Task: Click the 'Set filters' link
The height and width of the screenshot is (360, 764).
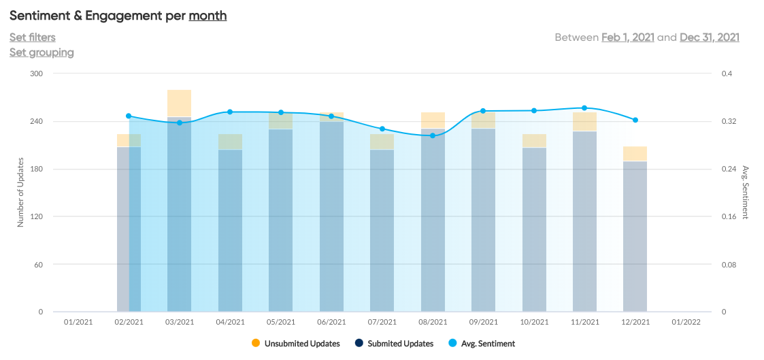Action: click(x=33, y=37)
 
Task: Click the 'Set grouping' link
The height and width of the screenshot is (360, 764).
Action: click(x=41, y=52)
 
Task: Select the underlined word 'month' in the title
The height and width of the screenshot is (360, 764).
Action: click(x=207, y=15)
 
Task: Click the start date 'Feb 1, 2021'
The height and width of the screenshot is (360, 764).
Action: click(x=628, y=37)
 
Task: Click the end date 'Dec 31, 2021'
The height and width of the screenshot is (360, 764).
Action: click(x=710, y=37)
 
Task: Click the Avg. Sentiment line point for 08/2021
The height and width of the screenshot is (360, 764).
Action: click(x=433, y=135)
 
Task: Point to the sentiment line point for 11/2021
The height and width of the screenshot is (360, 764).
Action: click(x=584, y=108)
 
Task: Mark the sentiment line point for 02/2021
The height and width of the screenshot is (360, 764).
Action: click(x=129, y=116)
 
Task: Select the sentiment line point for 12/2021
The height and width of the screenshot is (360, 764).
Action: click(x=635, y=120)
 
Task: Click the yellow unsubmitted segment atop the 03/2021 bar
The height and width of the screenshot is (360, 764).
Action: click(x=179, y=103)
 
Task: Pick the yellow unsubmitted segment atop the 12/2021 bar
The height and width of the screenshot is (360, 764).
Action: click(x=635, y=153)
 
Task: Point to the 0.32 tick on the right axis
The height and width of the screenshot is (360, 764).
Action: click(x=729, y=121)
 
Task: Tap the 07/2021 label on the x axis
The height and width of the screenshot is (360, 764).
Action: click(x=382, y=322)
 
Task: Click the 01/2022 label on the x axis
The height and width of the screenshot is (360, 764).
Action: click(x=686, y=322)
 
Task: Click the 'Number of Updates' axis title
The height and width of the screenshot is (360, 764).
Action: click(x=20, y=192)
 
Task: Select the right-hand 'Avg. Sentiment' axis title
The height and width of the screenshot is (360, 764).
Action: click(x=746, y=192)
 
